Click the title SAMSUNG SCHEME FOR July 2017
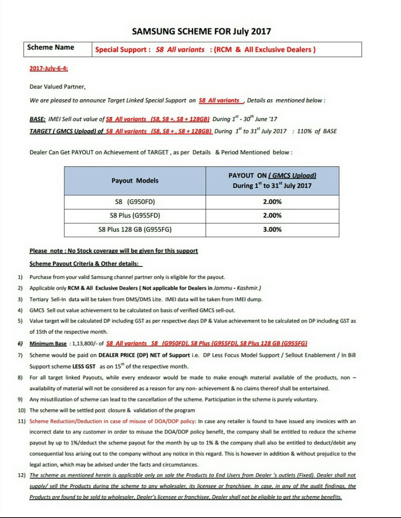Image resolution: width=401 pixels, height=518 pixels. [201, 31]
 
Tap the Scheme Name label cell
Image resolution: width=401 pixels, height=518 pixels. [51, 47]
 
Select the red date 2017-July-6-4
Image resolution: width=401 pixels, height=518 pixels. [49, 68]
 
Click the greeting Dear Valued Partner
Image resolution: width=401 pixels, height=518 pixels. [58, 87]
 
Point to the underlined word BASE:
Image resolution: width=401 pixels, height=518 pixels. [37, 119]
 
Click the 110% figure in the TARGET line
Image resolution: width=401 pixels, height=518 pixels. [305, 131]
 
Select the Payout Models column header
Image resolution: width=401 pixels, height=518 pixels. [135, 180]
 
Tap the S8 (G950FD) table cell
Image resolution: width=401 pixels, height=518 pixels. [135, 202]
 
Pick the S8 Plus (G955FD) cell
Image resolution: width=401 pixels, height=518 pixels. [135, 215]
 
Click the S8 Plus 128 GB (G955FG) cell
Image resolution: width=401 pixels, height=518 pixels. [135, 229]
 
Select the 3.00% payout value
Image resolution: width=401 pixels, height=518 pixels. [272, 229]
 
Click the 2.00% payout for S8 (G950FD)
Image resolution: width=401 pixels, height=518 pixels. [272, 202]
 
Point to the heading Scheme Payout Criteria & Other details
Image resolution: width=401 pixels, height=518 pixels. [85, 264]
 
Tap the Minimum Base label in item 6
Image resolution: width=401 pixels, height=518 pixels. [48, 344]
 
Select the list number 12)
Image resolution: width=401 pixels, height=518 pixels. [21, 475]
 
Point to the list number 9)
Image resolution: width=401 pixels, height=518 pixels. [20, 399]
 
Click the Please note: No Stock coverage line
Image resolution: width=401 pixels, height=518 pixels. [113, 251]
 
